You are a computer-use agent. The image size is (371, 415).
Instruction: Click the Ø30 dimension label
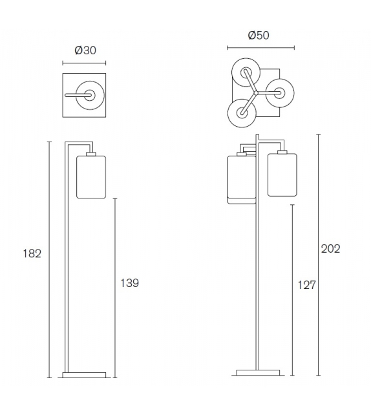(x=85, y=50)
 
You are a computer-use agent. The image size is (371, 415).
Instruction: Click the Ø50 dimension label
(x=259, y=35)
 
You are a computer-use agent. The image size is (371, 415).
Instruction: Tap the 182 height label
(x=32, y=253)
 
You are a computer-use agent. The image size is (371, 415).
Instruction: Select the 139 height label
(x=129, y=283)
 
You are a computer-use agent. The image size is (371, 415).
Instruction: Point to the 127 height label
(x=307, y=285)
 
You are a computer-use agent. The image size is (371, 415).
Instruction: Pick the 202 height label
(x=330, y=249)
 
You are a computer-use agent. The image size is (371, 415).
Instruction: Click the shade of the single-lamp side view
(x=91, y=177)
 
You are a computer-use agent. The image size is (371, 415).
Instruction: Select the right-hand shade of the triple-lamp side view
(x=282, y=175)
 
